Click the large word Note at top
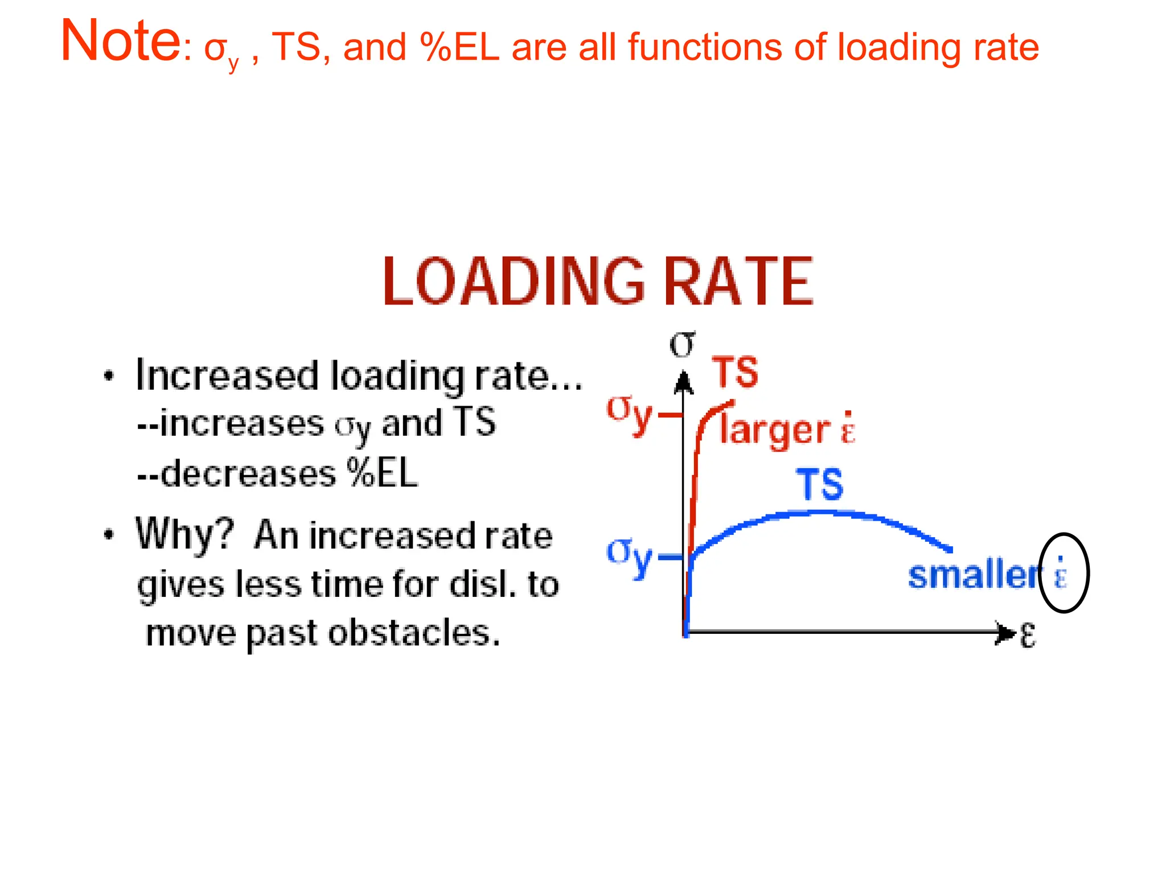pos(121,41)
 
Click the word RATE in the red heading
pos(739,282)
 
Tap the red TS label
pos(735,373)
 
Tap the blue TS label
pos(820,485)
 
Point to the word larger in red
pos(775,430)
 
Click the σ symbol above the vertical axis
pos(682,344)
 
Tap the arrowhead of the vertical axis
pos(684,382)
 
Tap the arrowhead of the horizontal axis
pos(1005,633)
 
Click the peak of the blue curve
pos(820,513)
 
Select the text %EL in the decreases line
pos(383,473)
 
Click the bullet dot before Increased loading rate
pos(109,376)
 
